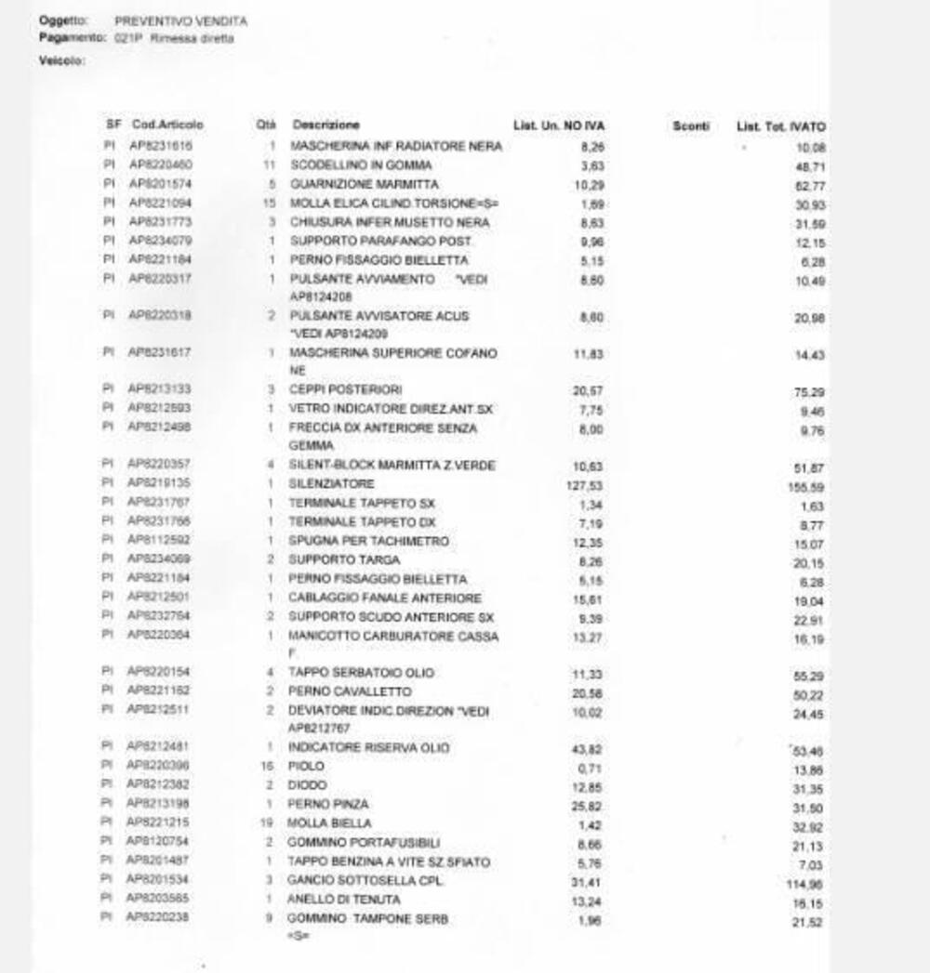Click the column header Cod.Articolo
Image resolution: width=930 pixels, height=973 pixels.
(x=167, y=125)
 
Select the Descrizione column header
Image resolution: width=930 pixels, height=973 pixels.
(x=325, y=125)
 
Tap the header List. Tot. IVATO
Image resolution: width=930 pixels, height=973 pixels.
(x=780, y=126)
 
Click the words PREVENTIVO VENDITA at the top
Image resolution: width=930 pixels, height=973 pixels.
(x=181, y=20)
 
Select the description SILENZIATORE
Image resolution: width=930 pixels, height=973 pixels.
(x=332, y=484)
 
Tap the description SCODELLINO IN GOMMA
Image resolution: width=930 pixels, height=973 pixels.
(x=361, y=165)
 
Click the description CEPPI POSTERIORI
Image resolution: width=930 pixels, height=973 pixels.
(x=346, y=389)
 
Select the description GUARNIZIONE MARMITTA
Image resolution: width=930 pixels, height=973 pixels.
(x=364, y=185)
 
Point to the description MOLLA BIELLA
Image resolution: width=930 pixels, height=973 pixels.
(x=330, y=823)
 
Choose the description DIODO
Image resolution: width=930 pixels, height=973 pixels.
(x=308, y=785)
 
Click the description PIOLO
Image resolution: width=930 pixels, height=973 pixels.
(x=307, y=767)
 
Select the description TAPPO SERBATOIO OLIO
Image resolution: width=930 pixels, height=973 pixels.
(x=361, y=673)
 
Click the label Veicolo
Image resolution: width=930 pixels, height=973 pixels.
(x=62, y=61)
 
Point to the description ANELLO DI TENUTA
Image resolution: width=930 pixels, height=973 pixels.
(x=344, y=900)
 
